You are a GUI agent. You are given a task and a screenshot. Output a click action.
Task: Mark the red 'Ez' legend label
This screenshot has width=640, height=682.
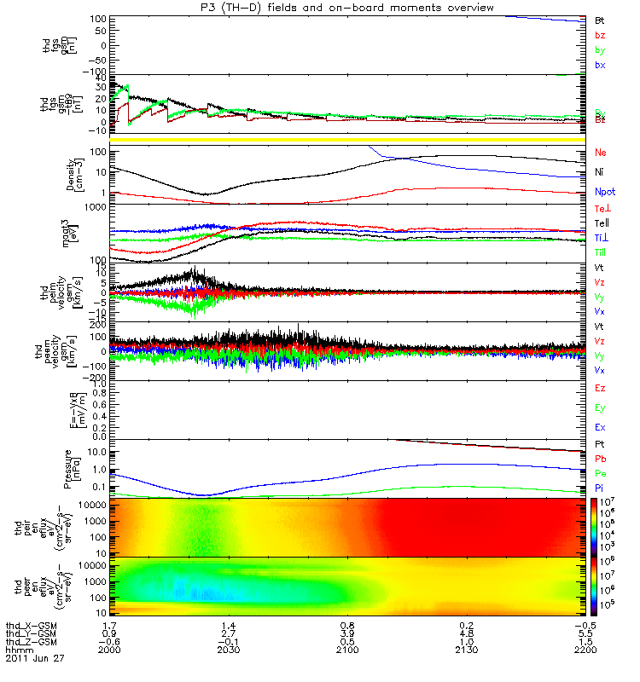[x=600, y=388]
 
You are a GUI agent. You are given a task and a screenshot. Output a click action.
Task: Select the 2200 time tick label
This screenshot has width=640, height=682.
[x=585, y=650]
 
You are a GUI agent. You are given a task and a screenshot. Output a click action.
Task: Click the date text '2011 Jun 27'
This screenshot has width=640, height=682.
[x=34, y=658]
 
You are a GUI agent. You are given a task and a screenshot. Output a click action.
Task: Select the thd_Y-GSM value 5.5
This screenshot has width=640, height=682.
[x=585, y=633]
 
